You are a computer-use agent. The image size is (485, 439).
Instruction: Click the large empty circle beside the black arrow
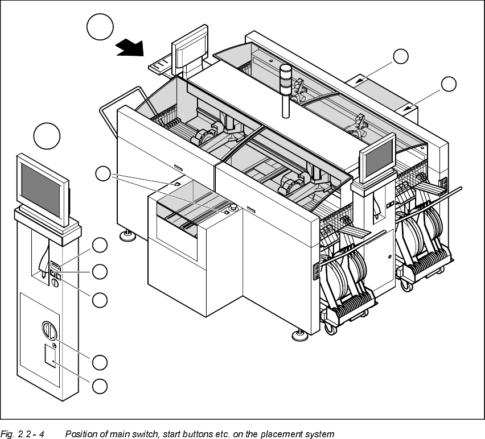(100, 27)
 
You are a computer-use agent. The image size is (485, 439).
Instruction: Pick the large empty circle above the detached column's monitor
(47, 136)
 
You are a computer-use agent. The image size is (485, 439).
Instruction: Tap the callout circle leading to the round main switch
(100, 362)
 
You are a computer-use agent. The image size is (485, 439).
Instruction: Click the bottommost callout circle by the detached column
(100, 386)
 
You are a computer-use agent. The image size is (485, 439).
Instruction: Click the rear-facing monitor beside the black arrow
(190, 47)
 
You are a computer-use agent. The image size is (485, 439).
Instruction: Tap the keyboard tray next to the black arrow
(162, 65)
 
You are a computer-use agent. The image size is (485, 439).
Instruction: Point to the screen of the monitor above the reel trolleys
(376, 157)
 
